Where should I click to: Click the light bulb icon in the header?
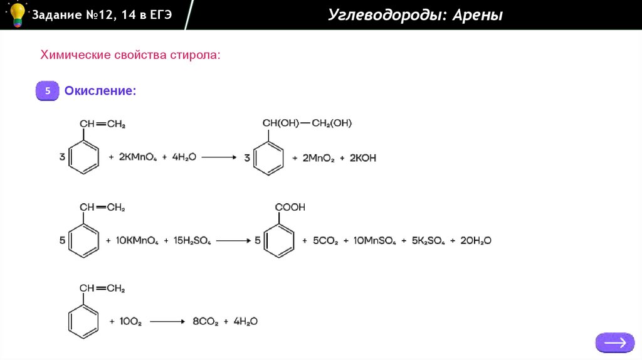(16, 14)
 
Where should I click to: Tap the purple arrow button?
(614, 342)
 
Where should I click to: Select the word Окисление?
(100, 92)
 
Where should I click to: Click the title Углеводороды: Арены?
(414, 15)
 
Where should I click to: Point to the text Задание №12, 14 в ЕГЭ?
(102, 14)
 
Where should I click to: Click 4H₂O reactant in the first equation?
(183, 157)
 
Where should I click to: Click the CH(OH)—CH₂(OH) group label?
(307, 124)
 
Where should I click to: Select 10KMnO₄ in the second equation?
(132, 240)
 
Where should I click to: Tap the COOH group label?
(290, 207)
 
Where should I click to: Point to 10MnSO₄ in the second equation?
(371, 240)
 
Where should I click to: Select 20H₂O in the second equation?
(475, 240)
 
